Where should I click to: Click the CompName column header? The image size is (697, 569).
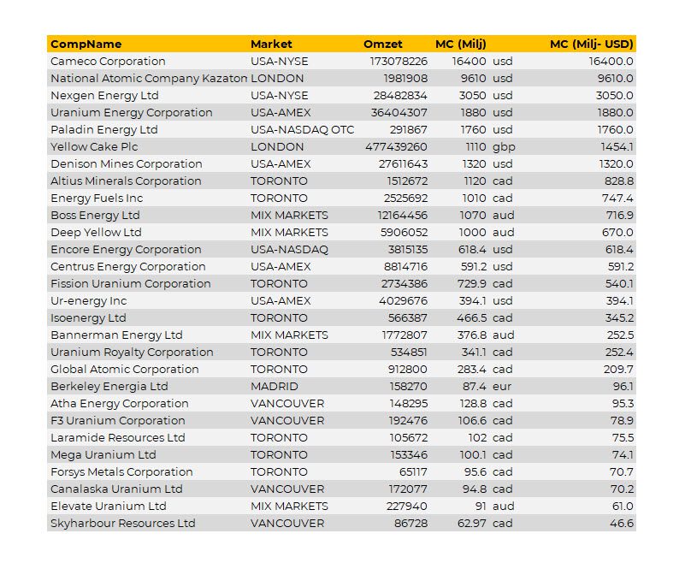(86, 44)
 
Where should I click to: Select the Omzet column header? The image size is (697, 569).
(383, 44)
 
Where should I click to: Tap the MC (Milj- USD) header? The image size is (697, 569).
(592, 44)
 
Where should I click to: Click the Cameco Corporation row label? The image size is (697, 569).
(108, 61)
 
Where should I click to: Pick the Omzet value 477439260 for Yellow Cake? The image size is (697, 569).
(396, 147)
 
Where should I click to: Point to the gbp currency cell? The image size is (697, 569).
(504, 147)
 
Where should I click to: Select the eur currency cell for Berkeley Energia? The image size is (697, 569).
(502, 386)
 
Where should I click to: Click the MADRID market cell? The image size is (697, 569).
(275, 386)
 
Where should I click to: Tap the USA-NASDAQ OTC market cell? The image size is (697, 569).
(302, 130)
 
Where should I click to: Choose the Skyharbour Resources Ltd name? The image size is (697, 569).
(123, 523)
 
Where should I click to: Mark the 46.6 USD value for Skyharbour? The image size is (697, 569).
(622, 523)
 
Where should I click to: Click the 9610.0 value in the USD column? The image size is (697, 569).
(616, 79)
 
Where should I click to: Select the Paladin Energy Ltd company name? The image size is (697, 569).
(104, 130)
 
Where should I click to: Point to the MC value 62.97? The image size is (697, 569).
(471, 523)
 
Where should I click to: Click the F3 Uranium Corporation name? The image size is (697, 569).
(118, 420)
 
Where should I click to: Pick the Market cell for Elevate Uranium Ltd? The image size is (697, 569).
(289, 506)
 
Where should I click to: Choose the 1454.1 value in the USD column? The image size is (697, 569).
(617, 147)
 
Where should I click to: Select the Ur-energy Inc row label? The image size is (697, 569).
(88, 301)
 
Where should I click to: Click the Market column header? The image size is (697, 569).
(271, 44)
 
